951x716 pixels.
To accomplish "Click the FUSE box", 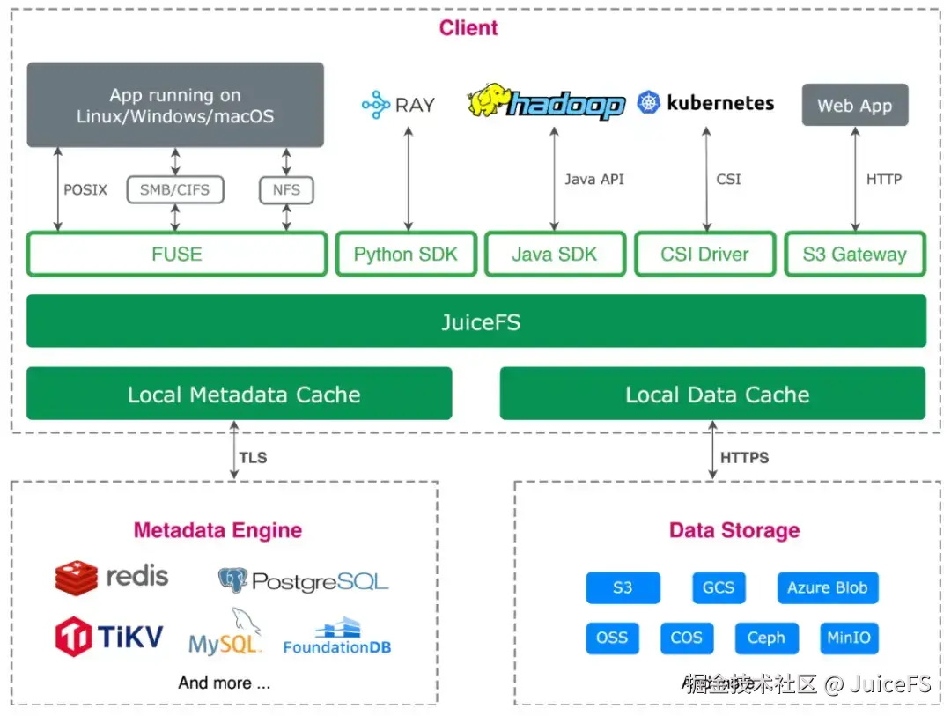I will [177, 255].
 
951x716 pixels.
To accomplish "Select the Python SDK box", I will [406, 255].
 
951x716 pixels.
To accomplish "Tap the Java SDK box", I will [555, 255].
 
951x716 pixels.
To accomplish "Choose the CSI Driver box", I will [704, 255].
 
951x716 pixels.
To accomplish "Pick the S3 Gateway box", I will [854, 255].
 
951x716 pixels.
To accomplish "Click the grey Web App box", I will [854, 106].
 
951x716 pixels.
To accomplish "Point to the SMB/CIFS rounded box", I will [175, 189].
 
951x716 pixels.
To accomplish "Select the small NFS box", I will [286, 189].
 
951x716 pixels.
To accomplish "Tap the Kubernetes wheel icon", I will [649, 103].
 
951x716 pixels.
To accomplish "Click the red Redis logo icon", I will [76, 578].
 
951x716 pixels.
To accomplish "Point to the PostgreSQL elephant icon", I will [232, 579].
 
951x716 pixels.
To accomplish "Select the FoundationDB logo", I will [337, 636].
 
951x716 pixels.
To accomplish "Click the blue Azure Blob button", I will [827, 587].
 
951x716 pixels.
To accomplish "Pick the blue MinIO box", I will [848, 638].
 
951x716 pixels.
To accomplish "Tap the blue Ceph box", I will [765, 638].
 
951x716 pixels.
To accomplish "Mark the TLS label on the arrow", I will [253, 458].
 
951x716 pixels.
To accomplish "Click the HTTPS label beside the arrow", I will [744, 458].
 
